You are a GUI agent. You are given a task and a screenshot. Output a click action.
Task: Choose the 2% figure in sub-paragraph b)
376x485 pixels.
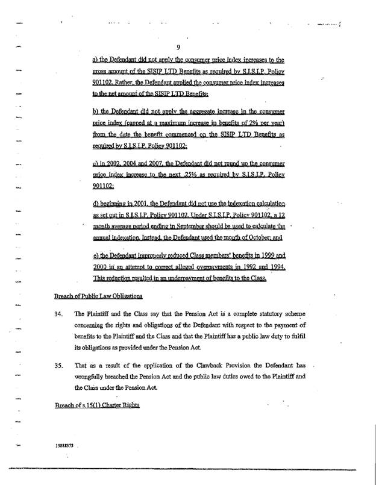coord(237,125)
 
